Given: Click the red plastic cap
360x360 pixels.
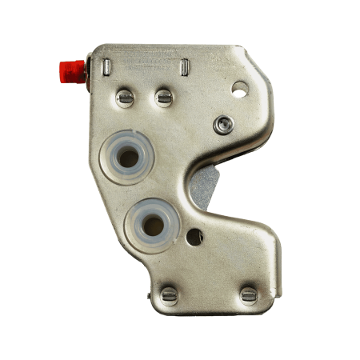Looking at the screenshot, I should (x=70, y=70).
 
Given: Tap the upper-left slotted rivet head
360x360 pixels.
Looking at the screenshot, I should (x=126, y=98).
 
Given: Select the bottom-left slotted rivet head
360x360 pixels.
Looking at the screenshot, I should (x=169, y=295).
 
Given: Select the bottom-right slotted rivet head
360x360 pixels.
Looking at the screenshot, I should (x=249, y=295).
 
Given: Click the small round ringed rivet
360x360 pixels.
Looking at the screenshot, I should (x=225, y=124).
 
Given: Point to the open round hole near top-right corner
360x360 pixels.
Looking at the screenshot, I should (x=239, y=90).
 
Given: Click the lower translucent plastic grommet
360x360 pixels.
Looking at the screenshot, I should (x=150, y=225).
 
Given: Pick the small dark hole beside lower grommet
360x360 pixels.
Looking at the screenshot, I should (x=193, y=237).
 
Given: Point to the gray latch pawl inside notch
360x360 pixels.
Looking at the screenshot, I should (x=205, y=186).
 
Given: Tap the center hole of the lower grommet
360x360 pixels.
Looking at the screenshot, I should (x=150, y=225).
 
